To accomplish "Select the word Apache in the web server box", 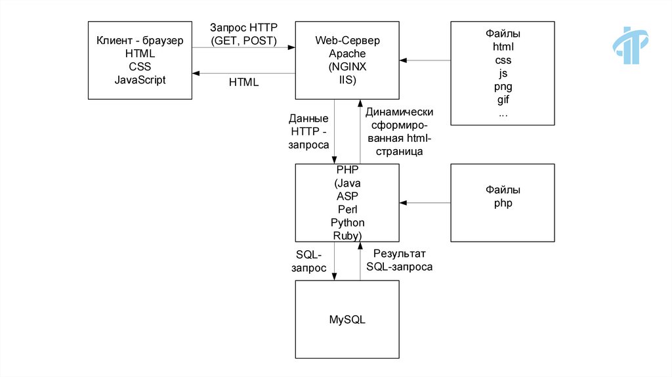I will pos(347,53).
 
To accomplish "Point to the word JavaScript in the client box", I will pos(140,80).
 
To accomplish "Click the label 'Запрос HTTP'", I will pos(243,28).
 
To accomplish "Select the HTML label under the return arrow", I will pos(243,83).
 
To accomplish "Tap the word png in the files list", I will pos(503,87).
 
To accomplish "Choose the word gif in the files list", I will pos(503,100).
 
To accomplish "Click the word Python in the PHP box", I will pos(347,223).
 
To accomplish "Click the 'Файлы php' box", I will pos(503,202).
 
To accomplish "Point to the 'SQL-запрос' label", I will pos(309,261).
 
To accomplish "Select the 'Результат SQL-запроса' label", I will pos(399,260).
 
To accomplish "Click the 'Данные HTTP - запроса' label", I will pos(308,132).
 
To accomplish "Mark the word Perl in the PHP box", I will pos(347,209).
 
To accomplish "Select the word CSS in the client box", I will pos(140,66).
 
